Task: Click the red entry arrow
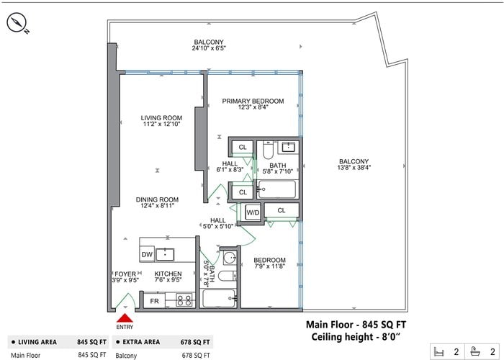125,318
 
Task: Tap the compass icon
17,23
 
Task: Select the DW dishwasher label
147,255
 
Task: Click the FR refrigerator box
154,301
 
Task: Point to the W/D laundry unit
253,212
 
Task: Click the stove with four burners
184,301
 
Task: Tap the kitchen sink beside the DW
165,255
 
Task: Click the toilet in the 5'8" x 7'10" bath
268,150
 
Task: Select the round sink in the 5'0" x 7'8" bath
230,258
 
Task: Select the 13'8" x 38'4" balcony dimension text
354,167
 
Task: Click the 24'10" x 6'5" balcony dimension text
209,48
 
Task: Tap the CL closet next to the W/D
282,210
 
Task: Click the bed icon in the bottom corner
438,351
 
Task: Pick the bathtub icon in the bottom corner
474,351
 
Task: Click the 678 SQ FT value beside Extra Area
195,342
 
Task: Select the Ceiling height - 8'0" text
356,337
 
